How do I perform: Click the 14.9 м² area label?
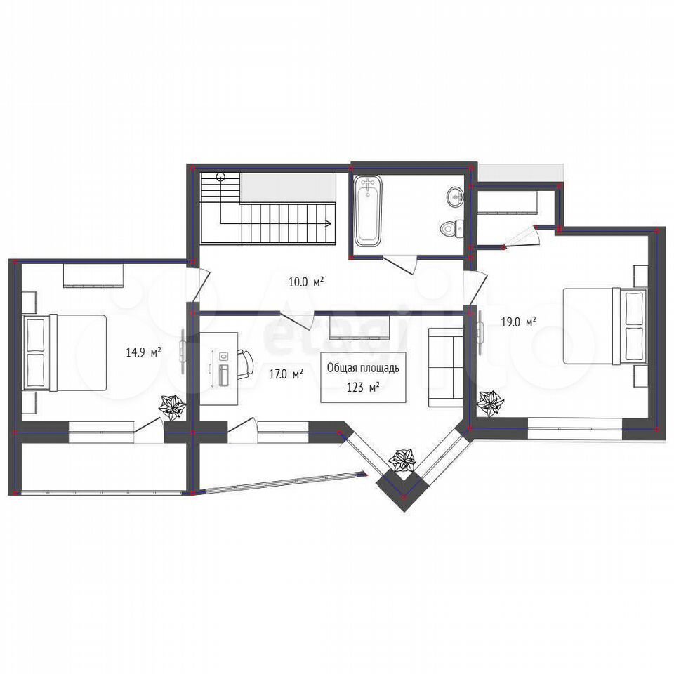[x=143, y=352]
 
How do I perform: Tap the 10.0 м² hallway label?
[x=305, y=282]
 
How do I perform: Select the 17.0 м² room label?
[x=286, y=374]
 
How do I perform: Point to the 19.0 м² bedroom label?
[x=519, y=322]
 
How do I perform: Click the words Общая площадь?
[x=363, y=368]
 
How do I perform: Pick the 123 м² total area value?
[x=363, y=388]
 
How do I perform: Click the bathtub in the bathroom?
[x=368, y=211]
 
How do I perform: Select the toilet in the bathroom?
[x=451, y=228]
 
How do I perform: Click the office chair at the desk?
[x=246, y=363]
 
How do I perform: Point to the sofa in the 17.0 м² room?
[x=445, y=367]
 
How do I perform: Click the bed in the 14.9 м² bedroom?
[x=65, y=352]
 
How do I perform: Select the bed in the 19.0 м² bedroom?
[x=605, y=325]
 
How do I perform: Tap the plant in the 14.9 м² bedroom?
[x=172, y=405]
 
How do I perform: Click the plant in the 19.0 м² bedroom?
[x=490, y=403]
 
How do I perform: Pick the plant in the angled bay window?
[x=404, y=460]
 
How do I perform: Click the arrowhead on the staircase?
[x=328, y=223]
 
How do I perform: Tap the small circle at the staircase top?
[x=221, y=176]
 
